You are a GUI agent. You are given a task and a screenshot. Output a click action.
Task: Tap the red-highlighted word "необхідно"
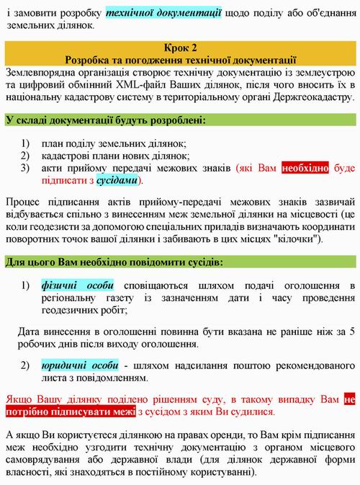tap(305, 167)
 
